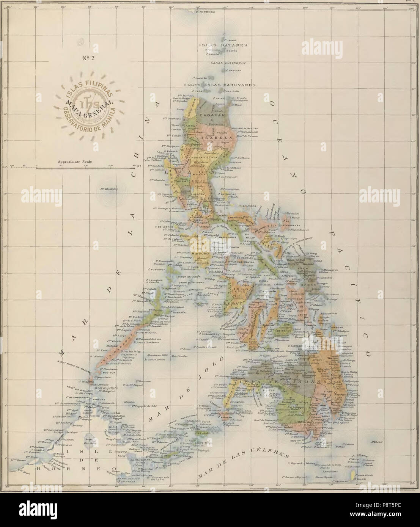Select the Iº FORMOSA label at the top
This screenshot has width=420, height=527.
point(207,12)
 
